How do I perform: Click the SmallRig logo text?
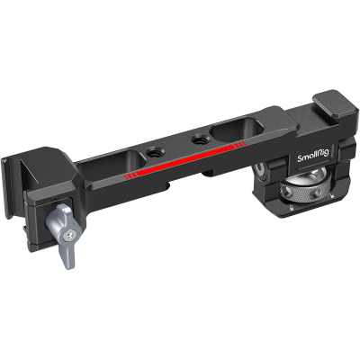click(x=312, y=155)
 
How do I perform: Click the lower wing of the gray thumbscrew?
click(x=68, y=254)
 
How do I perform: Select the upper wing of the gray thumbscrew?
click(x=57, y=216)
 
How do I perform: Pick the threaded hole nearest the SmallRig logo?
click(x=198, y=139)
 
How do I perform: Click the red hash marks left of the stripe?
click(x=129, y=176)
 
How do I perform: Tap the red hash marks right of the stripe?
click(x=240, y=145)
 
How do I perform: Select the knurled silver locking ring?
click(x=302, y=193)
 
